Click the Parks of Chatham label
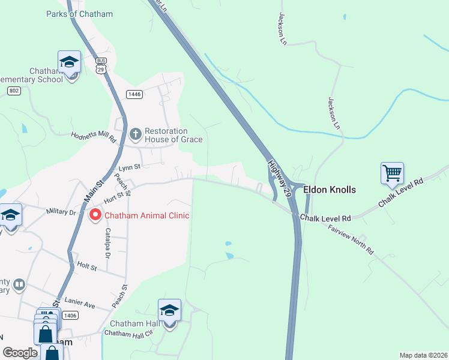(79, 14)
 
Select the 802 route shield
(14, 91)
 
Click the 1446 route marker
(134, 94)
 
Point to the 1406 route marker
(70, 315)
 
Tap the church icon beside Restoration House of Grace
(136, 134)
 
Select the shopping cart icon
(392, 173)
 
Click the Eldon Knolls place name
(330, 190)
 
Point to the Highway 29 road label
(280, 179)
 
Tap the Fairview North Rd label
(351, 240)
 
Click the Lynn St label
(128, 167)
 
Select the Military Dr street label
(62, 212)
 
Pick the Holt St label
(87, 266)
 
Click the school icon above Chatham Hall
(169, 311)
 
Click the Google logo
(20, 353)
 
